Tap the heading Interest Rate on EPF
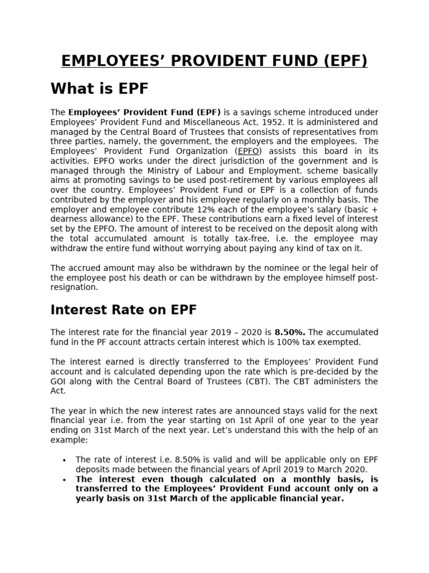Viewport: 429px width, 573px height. [123, 309]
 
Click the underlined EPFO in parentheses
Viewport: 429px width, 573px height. [249, 152]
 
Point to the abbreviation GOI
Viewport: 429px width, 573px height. [59, 382]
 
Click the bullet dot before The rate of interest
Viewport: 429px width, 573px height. [65, 459]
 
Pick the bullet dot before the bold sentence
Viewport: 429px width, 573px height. [65, 480]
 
